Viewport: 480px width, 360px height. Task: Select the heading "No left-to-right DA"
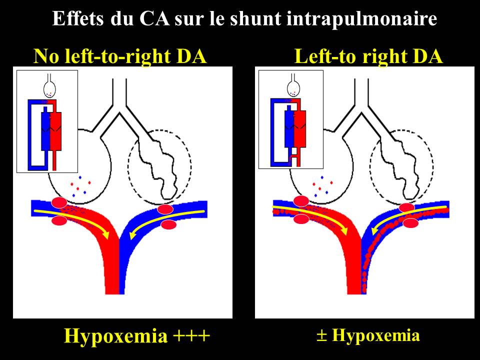(120, 56)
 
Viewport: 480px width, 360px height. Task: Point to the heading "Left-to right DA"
(369, 56)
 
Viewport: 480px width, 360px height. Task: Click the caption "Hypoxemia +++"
(136, 335)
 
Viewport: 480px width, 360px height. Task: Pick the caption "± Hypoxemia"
(368, 335)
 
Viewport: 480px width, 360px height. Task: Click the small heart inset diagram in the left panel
(47, 121)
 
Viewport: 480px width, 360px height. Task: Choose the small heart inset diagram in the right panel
(290, 119)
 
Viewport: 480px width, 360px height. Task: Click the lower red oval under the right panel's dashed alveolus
(410, 223)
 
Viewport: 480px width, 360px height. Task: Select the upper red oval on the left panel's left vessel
(59, 202)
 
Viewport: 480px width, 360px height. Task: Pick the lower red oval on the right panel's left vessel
(301, 219)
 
